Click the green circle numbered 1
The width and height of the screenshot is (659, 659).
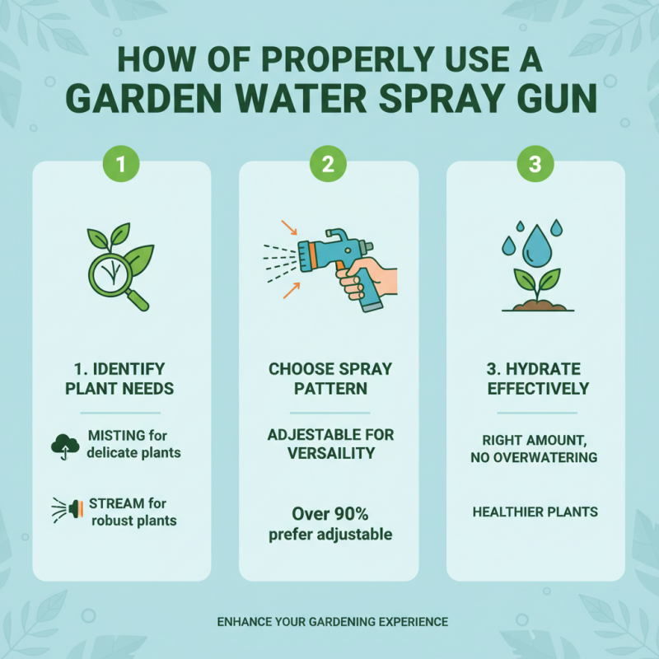pos(121,164)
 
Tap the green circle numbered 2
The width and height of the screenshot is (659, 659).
pos(328,164)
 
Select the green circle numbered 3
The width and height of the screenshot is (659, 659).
pos(535,164)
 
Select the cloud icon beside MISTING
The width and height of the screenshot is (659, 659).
pos(64,445)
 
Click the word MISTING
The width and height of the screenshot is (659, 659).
pos(114,435)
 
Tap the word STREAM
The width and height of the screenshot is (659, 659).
pos(114,502)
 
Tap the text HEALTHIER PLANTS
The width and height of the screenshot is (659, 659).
pos(535,512)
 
